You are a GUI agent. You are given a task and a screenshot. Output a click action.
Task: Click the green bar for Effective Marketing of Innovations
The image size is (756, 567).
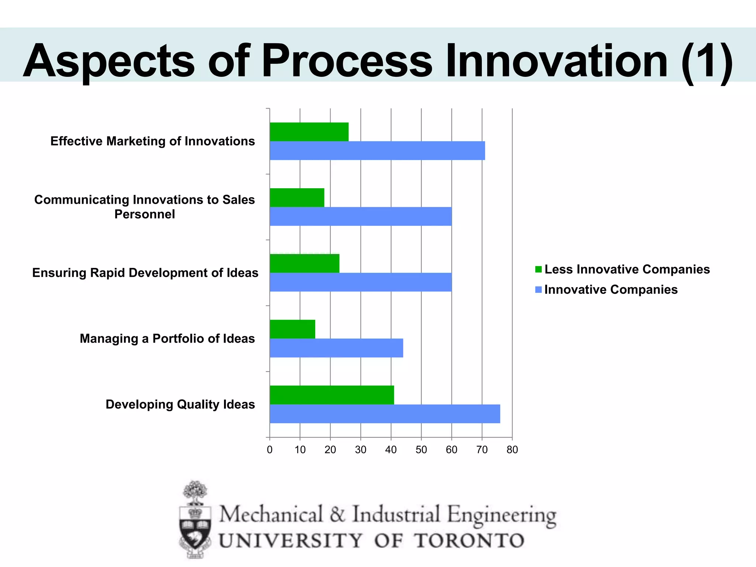[309, 132]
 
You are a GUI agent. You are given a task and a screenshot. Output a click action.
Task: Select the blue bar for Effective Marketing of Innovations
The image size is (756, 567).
[377, 151]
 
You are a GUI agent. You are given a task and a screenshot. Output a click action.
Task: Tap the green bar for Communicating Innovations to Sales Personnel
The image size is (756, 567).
[297, 197]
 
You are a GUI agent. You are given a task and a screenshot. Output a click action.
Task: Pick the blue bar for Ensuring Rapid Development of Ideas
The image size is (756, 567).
[361, 282]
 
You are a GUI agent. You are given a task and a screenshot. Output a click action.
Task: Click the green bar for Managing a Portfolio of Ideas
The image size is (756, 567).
[292, 329]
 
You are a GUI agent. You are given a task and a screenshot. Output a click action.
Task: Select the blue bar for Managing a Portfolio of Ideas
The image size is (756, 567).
[336, 348]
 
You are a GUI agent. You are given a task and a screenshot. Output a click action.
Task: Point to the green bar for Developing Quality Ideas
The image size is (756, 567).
[332, 395]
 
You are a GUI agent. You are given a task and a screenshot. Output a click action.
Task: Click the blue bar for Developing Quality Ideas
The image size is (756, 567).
[385, 414]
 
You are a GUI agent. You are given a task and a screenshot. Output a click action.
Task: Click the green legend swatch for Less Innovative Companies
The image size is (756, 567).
[539, 269]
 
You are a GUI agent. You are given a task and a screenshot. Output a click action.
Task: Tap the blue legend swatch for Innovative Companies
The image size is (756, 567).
[539, 290]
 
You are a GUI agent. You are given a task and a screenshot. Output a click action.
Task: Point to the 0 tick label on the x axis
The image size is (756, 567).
[270, 450]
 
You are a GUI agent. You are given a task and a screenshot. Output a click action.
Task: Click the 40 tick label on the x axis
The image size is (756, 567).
[391, 450]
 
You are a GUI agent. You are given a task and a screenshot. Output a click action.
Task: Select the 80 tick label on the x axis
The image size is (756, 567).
[512, 450]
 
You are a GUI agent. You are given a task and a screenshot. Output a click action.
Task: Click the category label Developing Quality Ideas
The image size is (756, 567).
[180, 405]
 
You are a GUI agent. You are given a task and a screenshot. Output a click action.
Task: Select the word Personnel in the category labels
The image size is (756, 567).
[145, 214]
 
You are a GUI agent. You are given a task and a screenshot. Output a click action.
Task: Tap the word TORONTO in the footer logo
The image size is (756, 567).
[469, 541]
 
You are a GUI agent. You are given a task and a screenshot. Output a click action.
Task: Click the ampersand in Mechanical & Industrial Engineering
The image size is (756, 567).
[337, 515]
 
